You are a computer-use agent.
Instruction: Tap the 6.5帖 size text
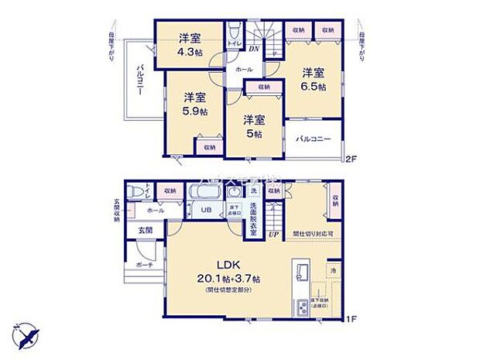point(314,87)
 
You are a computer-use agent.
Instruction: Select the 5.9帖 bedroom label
point(194,111)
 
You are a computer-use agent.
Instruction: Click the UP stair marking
point(273,234)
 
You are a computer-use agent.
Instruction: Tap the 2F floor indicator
point(350,160)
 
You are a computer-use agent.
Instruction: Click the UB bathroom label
point(207,210)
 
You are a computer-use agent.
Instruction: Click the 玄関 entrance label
point(146,230)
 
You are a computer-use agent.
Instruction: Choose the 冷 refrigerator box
point(332,272)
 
